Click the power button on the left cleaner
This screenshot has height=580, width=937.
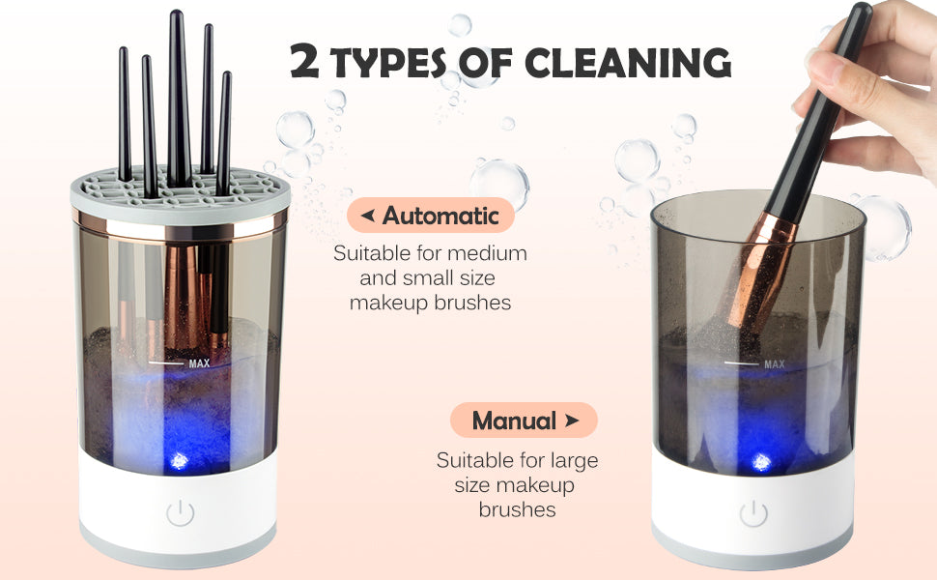click(x=181, y=513)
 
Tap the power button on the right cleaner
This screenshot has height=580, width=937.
click(x=753, y=513)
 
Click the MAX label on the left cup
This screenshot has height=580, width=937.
click(x=200, y=362)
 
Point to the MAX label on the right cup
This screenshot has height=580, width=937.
click(x=775, y=364)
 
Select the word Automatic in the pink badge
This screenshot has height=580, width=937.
click(x=440, y=216)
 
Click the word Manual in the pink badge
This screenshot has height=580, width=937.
click(x=514, y=420)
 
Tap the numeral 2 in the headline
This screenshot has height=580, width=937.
click(x=304, y=60)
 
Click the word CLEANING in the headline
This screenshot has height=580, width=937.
click(x=628, y=62)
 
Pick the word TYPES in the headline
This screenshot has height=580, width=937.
click(x=387, y=62)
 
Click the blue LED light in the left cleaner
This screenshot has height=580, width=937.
click(x=180, y=460)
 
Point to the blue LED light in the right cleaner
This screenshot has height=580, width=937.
click(x=761, y=462)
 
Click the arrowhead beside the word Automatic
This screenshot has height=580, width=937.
click(x=368, y=215)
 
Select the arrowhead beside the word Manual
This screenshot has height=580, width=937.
click(x=572, y=420)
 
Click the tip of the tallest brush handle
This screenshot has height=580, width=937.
click(x=175, y=12)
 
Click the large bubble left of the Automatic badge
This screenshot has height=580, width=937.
click(x=296, y=130)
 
